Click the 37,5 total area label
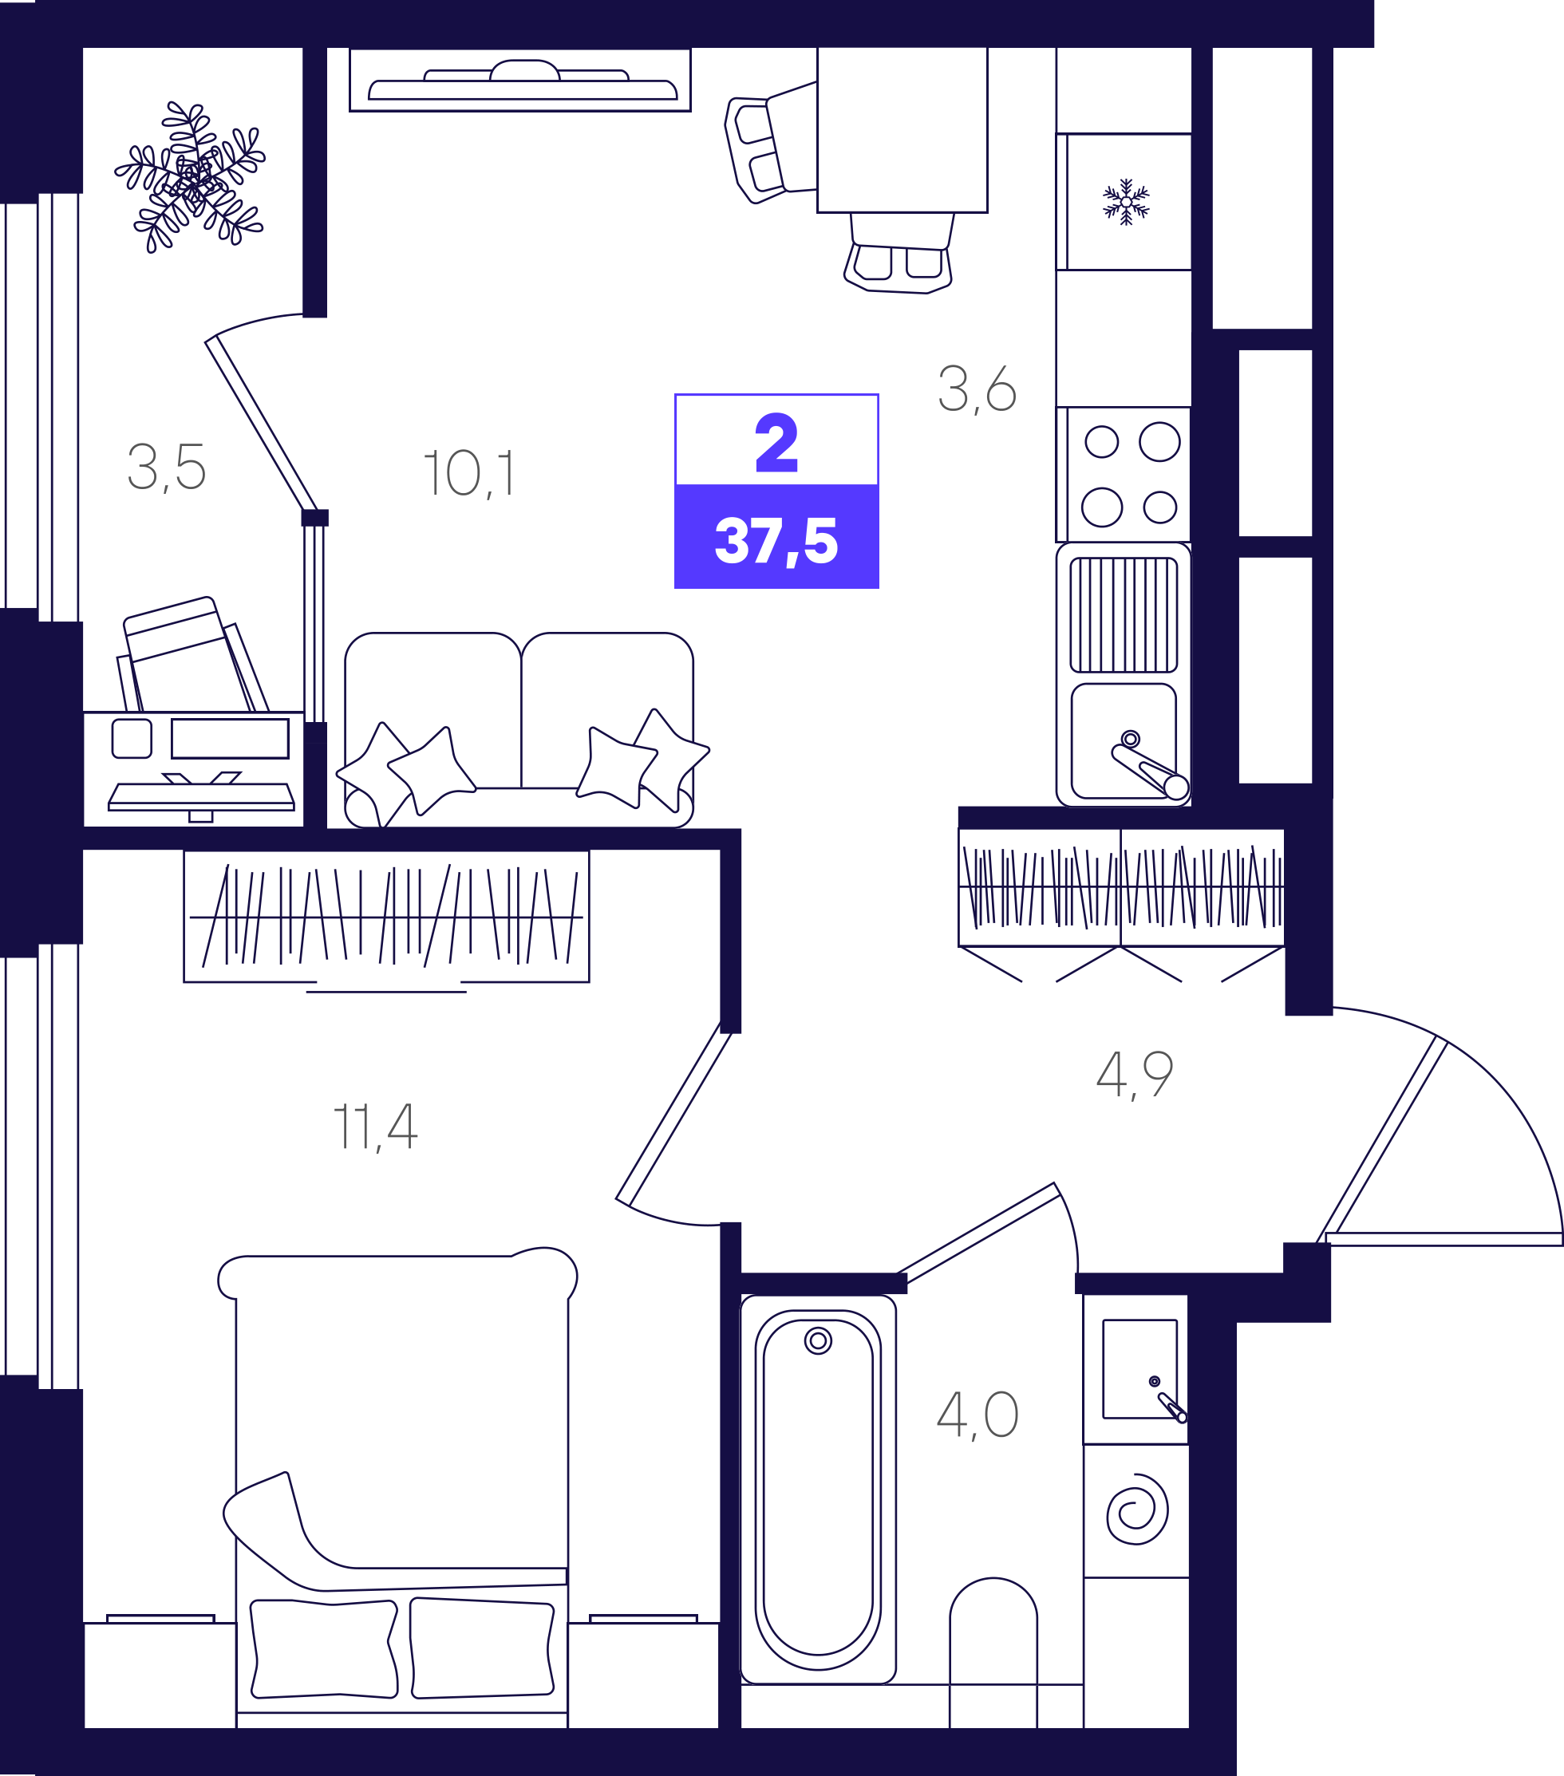tap(776, 540)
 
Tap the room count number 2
tap(776, 442)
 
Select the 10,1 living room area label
tap(469, 474)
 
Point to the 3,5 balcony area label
tap(167, 468)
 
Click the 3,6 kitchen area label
tap(977, 389)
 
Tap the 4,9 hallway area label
tap(1135, 1074)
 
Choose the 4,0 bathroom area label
tap(977, 1415)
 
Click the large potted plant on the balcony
tap(190, 176)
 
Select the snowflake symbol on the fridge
tap(1126, 202)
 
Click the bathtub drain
tap(818, 1340)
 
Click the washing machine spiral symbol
tap(1137, 1510)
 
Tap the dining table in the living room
tap(902, 129)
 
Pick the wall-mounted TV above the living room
tap(519, 80)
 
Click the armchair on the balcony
tap(192, 656)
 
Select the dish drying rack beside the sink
tap(1124, 615)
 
